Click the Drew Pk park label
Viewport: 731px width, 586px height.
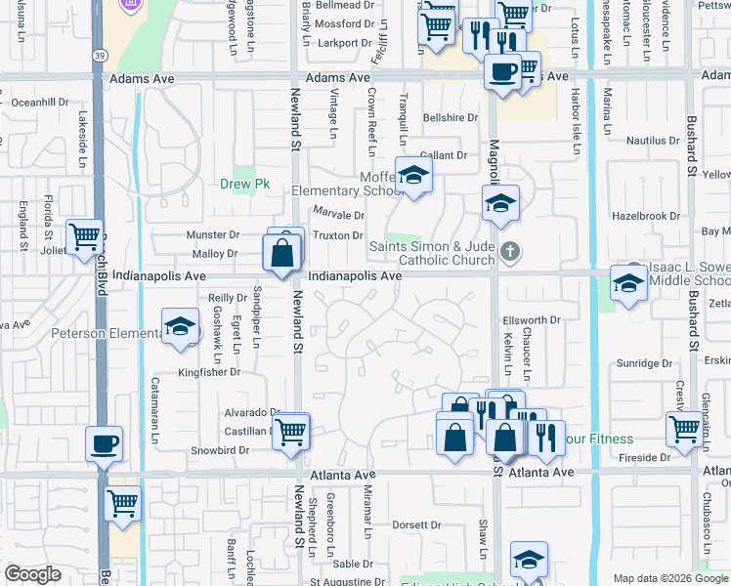(243, 184)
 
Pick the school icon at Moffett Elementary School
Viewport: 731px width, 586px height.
(414, 176)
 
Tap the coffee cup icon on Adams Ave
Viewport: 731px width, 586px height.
(502, 72)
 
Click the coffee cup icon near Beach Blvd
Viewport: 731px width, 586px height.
(104, 444)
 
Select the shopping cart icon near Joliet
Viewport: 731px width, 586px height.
(85, 235)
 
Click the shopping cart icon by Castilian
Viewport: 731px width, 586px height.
(291, 430)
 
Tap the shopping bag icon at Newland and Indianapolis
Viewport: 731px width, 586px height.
(281, 253)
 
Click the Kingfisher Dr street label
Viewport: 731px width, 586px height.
(208, 372)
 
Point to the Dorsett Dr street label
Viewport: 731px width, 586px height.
(417, 524)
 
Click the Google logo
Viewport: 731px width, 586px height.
(32, 574)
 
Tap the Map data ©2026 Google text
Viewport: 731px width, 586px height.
(669, 578)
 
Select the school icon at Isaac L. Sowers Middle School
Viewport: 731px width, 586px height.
(628, 283)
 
